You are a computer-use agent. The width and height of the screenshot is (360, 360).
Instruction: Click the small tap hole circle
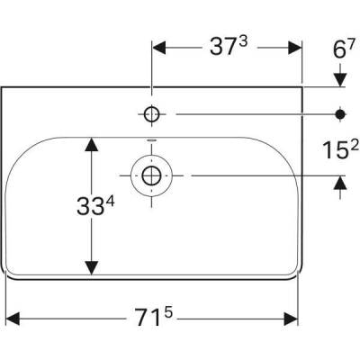tap(151, 113)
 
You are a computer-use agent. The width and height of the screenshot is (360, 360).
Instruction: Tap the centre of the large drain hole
tap(150, 175)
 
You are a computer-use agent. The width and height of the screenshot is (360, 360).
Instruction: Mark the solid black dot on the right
tap(340, 113)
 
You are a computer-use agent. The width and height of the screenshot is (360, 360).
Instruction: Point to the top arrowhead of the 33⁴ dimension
tap(91, 142)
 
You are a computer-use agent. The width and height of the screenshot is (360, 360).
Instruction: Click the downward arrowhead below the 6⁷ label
tap(340, 81)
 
